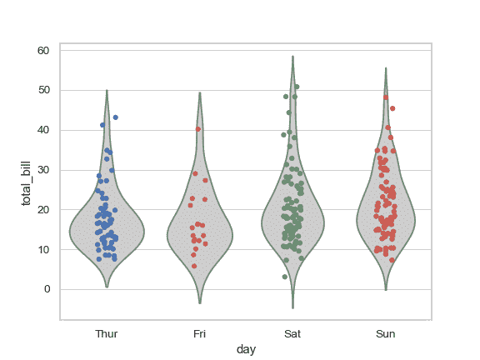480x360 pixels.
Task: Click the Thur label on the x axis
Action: click(107, 334)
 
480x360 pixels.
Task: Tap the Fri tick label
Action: click(199, 334)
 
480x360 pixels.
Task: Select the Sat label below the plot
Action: click(292, 334)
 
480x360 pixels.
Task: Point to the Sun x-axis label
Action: click(385, 334)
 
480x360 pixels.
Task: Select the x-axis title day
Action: click(246, 350)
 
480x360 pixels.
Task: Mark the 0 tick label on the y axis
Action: click(47, 289)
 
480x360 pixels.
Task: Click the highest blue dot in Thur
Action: click(115, 117)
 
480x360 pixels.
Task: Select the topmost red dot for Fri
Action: click(198, 129)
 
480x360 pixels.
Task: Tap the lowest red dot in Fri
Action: click(195, 266)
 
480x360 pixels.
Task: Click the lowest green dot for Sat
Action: click(285, 277)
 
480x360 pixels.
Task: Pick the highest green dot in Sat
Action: click(297, 87)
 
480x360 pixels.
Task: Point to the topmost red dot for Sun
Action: click(386, 97)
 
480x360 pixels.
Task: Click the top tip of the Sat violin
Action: click(292, 57)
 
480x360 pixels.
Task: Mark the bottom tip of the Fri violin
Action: click(199, 303)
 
